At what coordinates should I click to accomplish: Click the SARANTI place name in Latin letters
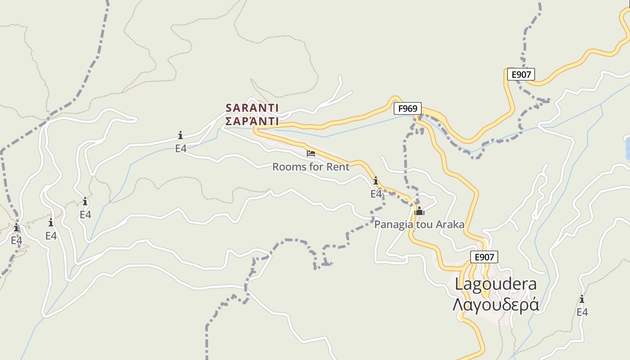[252, 108]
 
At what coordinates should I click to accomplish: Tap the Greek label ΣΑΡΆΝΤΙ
[252, 121]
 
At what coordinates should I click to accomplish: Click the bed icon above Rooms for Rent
[310, 153]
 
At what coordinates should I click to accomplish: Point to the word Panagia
[391, 225]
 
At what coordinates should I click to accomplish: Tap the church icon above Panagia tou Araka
[419, 211]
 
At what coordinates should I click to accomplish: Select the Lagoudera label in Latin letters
[496, 284]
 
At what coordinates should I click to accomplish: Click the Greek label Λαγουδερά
[496, 305]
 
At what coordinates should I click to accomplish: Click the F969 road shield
[408, 108]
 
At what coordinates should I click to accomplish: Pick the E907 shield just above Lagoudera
[484, 257]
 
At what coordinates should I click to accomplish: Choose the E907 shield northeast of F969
[521, 74]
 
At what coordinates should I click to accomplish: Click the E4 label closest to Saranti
[181, 148]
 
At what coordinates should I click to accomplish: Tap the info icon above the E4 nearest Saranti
[180, 135]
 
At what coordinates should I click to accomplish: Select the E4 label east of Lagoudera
[582, 312]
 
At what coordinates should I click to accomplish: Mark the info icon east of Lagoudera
[582, 299]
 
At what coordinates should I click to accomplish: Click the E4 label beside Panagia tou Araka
[376, 194]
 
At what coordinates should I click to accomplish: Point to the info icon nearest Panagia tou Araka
[376, 181]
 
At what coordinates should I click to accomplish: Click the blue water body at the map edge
[627, 148]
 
